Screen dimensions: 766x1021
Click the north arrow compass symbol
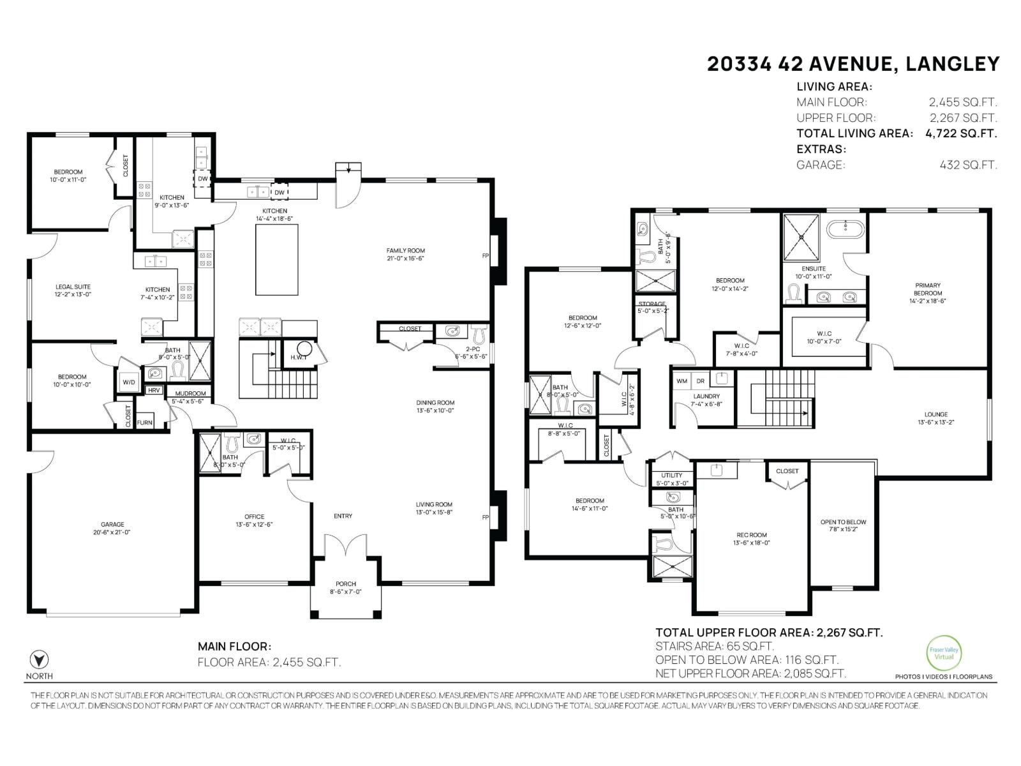tap(40, 659)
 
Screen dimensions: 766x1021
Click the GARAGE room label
tap(112, 525)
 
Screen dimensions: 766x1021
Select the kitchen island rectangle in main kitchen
tap(277, 259)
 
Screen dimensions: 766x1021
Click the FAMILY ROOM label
tap(405, 251)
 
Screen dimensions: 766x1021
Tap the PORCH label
tap(346, 584)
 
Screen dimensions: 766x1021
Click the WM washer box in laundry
tap(682, 381)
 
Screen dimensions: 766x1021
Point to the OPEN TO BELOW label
tap(843, 522)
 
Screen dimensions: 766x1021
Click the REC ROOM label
tap(750, 535)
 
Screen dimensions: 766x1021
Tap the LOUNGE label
tap(936, 414)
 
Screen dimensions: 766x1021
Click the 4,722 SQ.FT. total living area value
tap(961, 133)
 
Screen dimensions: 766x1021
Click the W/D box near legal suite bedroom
tap(129, 382)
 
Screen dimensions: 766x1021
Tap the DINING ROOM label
tap(435, 403)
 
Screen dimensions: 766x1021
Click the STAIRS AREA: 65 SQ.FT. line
tap(715, 646)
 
